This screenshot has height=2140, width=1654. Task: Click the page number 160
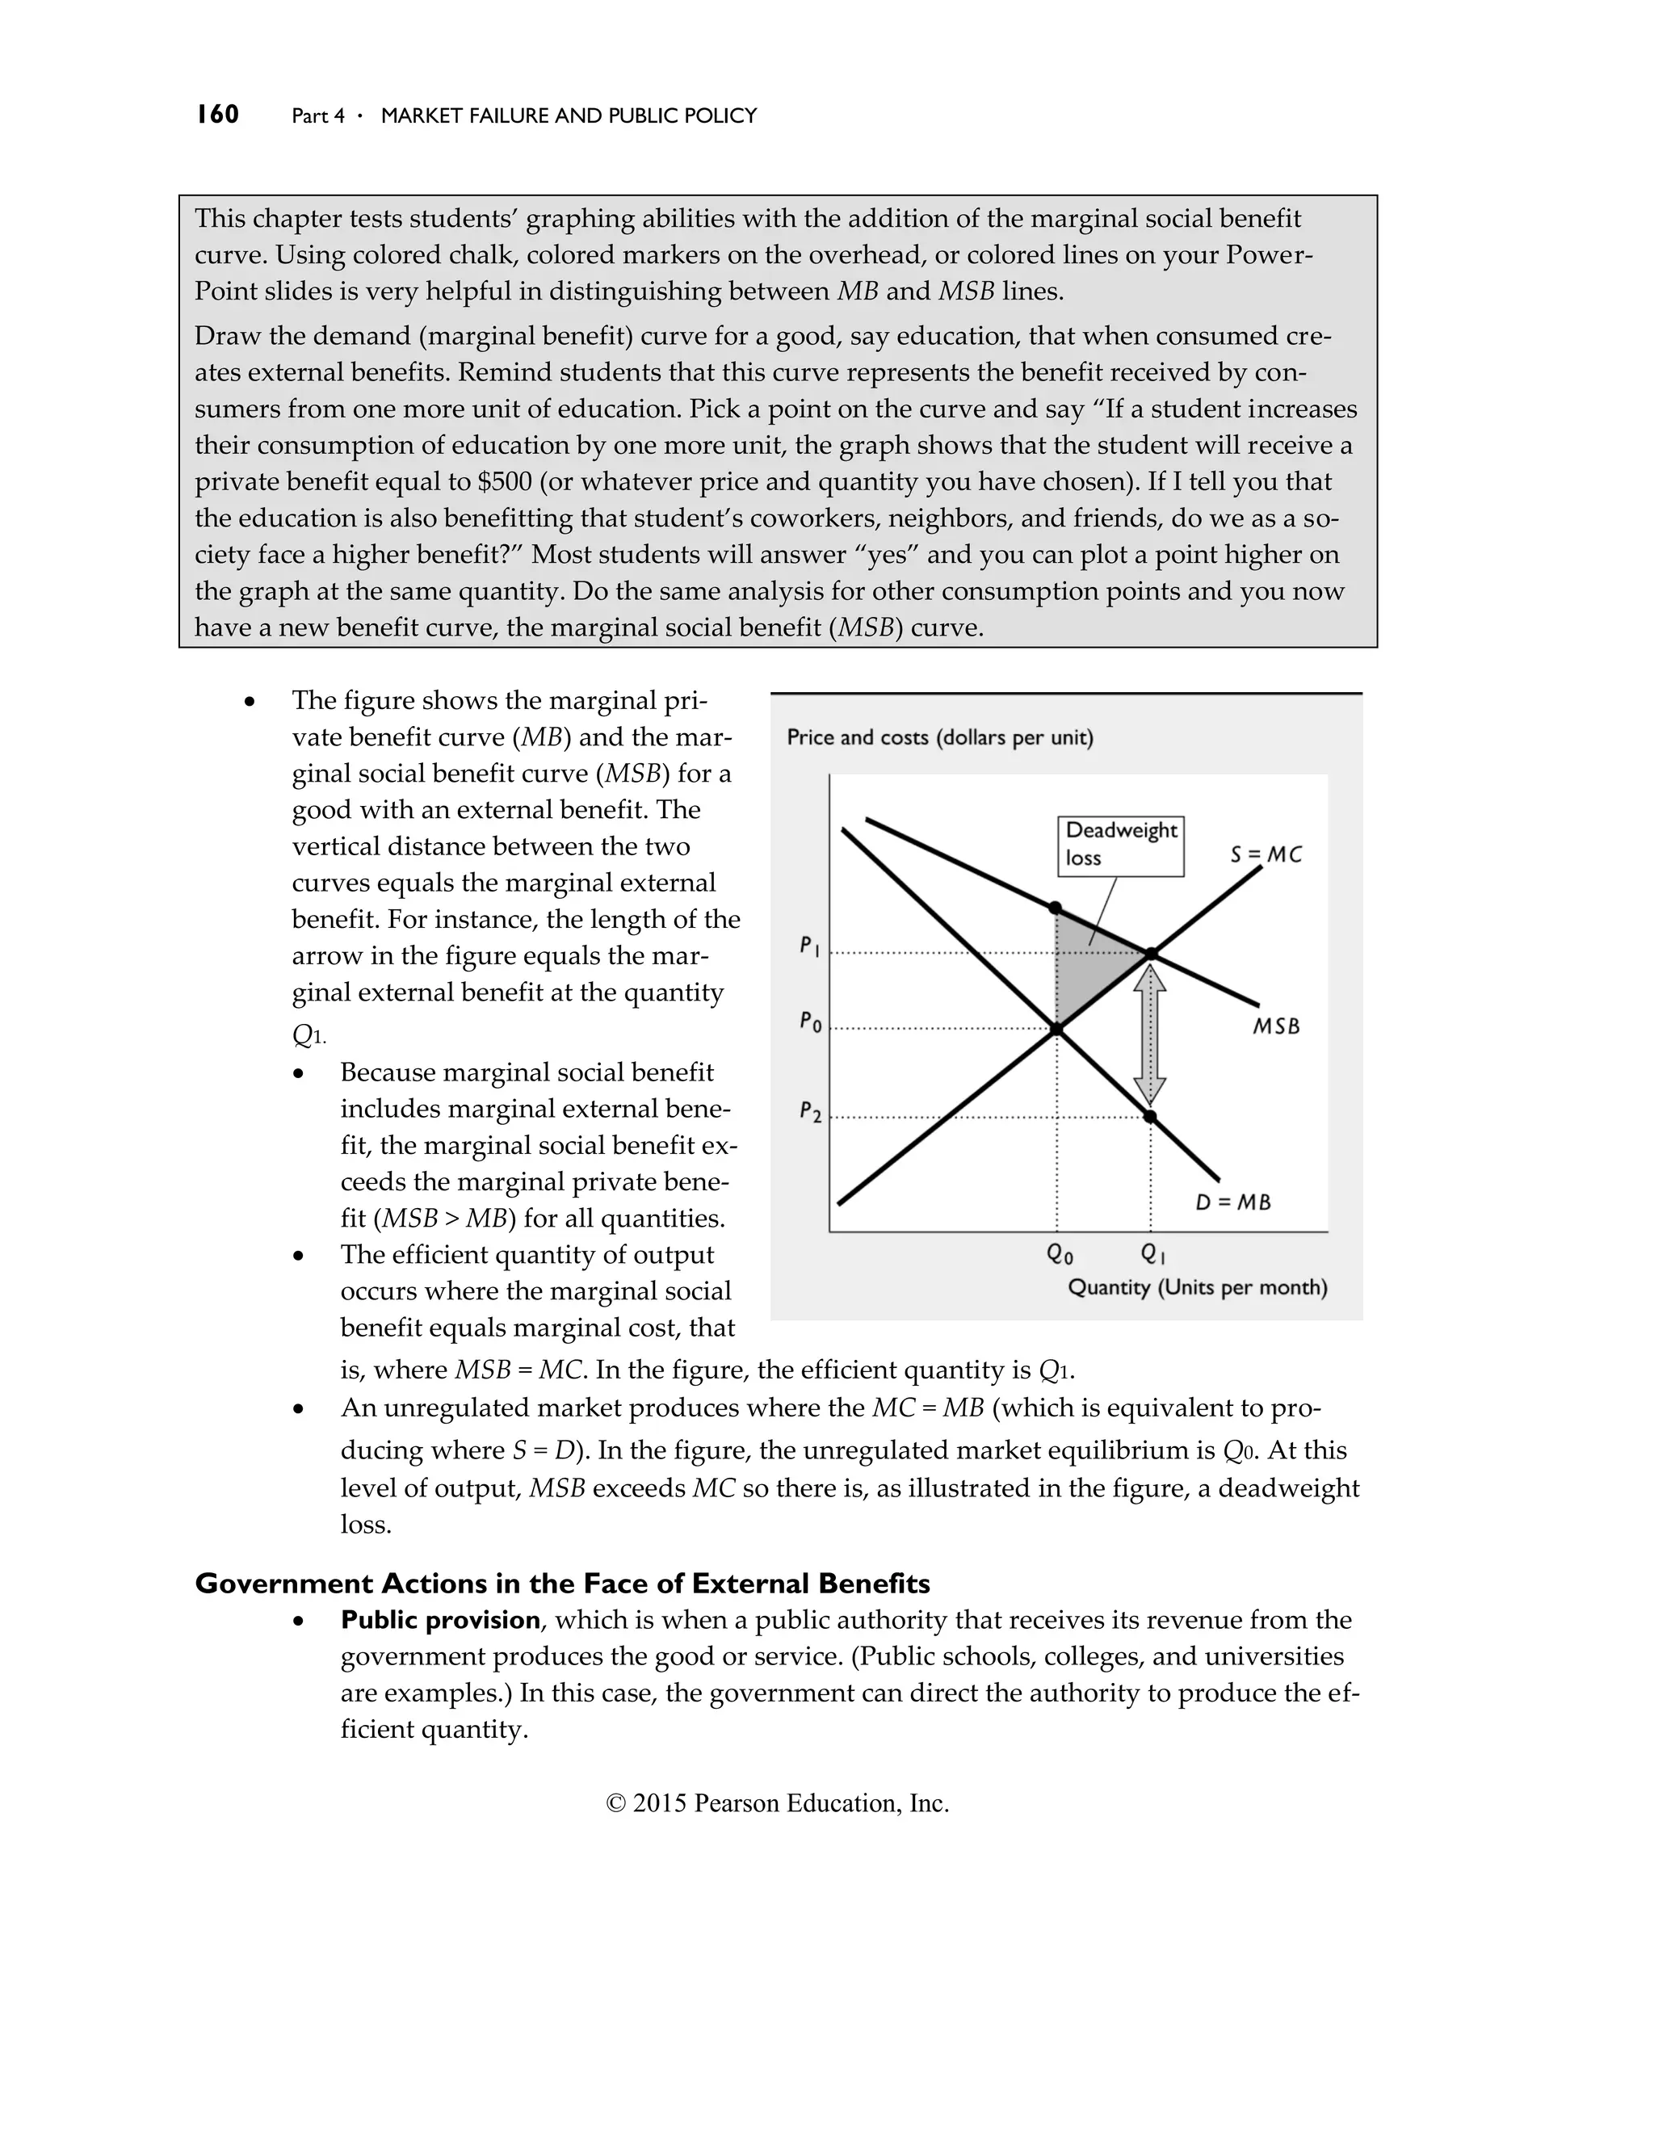[x=216, y=115]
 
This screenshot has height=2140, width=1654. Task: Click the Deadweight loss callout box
[x=1120, y=845]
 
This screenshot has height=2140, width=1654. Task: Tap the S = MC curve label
[x=1266, y=854]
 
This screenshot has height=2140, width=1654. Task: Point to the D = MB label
[x=1232, y=1202]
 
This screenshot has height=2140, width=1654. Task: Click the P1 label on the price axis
[x=808, y=946]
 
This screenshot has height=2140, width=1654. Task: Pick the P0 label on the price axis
[x=809, y=1022]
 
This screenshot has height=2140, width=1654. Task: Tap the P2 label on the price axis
[x=809, y=1111]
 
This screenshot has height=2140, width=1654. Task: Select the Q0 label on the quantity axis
[x=1060, y=1254]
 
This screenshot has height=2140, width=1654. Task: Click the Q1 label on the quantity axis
[x=1152, y=1254]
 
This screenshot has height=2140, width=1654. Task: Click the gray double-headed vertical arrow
[x=1150, y=1034]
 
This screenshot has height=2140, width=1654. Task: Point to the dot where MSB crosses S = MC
[x=1152, y=954]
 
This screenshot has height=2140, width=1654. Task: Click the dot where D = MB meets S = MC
[x=1056, y=1028]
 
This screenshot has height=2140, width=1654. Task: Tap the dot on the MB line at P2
[x=1150, y=1116]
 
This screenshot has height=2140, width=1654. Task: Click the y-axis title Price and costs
[x=938, y=736]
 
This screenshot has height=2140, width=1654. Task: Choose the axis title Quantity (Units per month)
[x=1196, y=1286]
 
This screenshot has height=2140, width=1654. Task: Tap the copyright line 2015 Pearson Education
[x=777, y=1803]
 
